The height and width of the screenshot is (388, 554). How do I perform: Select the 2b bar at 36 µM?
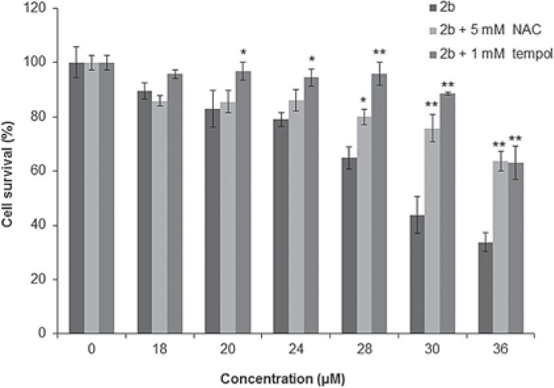pos(485,288)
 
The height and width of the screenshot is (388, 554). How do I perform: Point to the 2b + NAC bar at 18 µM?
pos(159,217)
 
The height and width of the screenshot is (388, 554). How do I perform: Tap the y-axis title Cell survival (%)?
pos(9,171)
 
